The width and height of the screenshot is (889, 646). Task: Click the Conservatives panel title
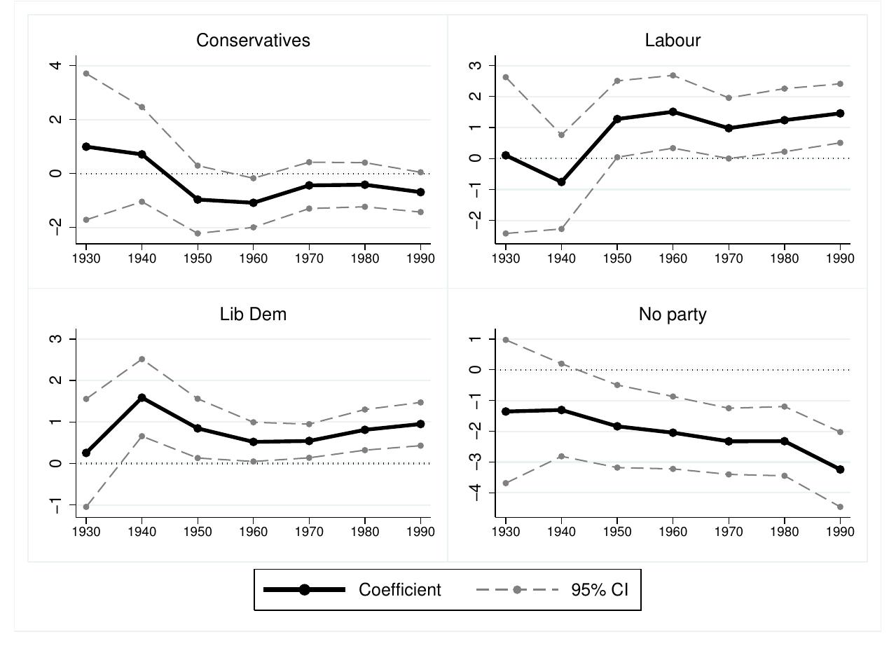tap(253, 41)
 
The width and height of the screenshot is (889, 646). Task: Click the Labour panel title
tap(673, 41)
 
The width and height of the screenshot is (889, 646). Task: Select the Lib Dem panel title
tap(253, 314)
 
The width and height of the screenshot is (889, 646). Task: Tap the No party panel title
tap(673, 314)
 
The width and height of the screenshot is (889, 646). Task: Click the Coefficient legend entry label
tap(400, 590)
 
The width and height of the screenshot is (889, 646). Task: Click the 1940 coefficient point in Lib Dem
tap(142, 397)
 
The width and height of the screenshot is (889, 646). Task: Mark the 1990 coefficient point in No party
tap(840, 469)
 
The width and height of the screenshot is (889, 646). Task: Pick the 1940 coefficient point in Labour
tap(561, 182)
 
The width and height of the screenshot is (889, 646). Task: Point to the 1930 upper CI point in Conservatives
tap(86, 74)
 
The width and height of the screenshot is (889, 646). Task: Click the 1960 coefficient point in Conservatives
tap(254, 202)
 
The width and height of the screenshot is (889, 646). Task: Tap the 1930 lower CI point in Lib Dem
tap(86, 507)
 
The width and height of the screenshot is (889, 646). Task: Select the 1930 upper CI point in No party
tap(505, 340)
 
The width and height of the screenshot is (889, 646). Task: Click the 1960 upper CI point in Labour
tap(673, 75)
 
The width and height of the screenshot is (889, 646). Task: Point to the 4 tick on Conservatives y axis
tap(55, 66)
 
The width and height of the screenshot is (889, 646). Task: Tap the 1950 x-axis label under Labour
tap(616, 259)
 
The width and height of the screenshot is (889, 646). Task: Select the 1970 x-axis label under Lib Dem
tap(309, 532)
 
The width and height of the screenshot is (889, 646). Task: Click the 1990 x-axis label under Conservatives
tap(420, 259)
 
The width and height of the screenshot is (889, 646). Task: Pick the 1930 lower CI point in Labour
tap(505, 233)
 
